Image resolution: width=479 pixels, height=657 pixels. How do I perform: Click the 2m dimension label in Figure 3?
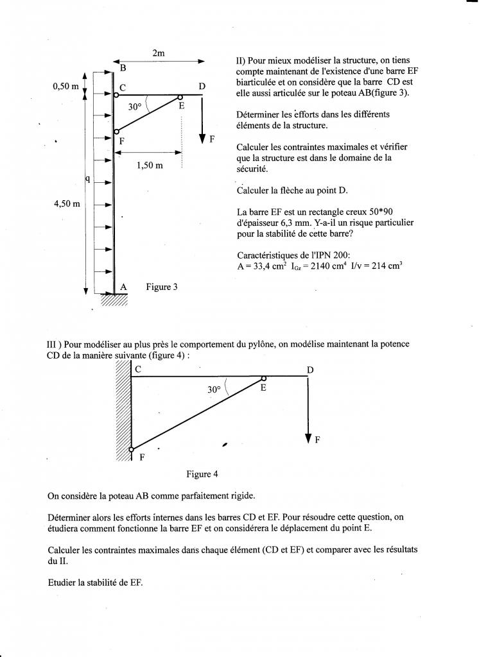point(159,54)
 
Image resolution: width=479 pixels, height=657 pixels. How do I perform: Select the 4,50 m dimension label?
point(66,204)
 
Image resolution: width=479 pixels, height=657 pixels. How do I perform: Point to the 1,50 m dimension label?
point(150,165)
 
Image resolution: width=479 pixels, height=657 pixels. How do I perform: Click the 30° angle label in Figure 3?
point(134,107)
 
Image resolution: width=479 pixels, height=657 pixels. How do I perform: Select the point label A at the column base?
point(123,287)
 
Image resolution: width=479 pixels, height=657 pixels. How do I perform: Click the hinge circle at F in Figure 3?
point(116,131)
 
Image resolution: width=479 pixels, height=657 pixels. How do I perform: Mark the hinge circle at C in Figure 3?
point(116,95)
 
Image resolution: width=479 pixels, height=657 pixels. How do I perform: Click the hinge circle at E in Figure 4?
point(263,378)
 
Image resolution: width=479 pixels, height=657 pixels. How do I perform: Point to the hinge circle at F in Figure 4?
point(131,449)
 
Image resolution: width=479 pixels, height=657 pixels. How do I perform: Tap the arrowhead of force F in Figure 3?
point(202,137)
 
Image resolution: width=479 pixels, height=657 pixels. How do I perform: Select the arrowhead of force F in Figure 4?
point(309,438)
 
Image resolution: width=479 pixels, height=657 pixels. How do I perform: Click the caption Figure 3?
point(162,287)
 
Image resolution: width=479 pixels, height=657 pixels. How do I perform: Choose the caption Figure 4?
point(202,474)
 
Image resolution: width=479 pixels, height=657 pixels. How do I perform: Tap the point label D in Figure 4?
point(310,370)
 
